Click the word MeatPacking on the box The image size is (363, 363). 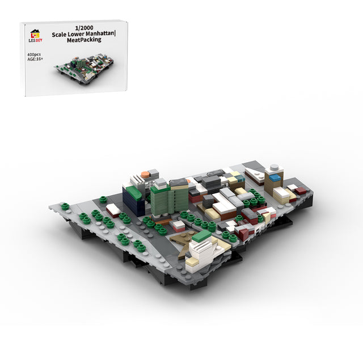(84, 40)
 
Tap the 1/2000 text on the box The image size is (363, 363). (84, 28)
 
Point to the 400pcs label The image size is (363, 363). (34, 54)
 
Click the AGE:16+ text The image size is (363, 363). (35, 59)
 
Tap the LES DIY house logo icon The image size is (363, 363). (35, 34)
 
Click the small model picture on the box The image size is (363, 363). (84, 69)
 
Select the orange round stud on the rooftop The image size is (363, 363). (145, 174)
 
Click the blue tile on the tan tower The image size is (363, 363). (275, 178)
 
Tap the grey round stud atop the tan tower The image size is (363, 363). (275, 167)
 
